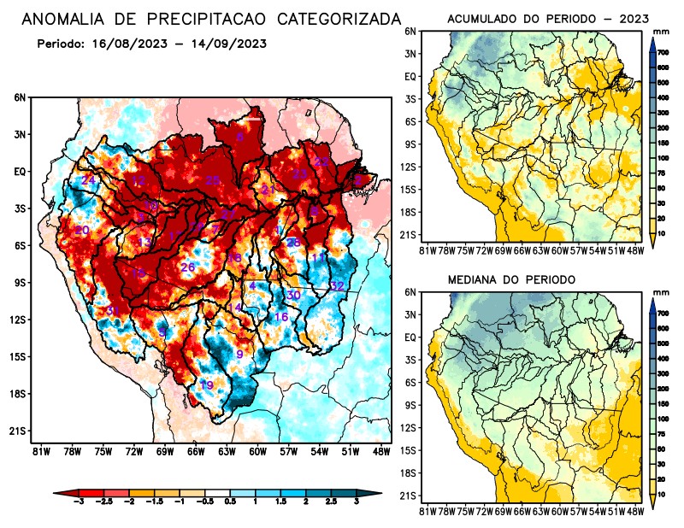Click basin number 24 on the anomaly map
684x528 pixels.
pyautogui.click(x=88, y=181)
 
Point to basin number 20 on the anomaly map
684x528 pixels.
pyautogui.click(x=82, y=231)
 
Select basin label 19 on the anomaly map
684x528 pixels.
pyautogui.click(x=206, y=385)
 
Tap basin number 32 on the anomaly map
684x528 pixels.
pyautogui.click(x=337, y=285)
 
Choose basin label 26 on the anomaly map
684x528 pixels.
pyautogui.click(x=188, y=267)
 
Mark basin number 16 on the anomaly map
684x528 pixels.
pyautogui.click(x=280, y=317)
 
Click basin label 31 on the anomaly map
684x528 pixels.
pyautogui.click(x=112, y=310)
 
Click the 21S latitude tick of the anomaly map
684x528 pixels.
pyautogui.click(x=18, y=431)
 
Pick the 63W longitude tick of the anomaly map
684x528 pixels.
pyautogui.click(x=226, y=451)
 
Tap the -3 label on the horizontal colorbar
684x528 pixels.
pyautogui.click(x=79, y=505)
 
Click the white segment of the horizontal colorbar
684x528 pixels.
pyautogui.click(x=217, y=494)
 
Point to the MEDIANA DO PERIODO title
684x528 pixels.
pyautogui.click(x=512, y=279)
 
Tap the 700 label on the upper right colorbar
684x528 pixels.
pyautogui.click(x=662, y=53)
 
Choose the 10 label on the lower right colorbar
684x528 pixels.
pyautogui.click(x=662, y=495)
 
